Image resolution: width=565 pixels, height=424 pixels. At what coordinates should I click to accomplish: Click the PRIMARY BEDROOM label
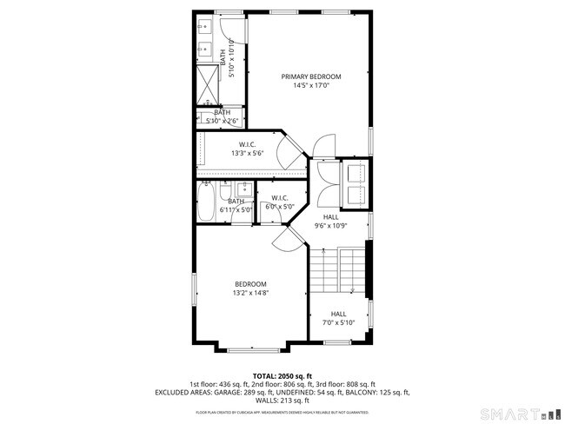pos(310,76)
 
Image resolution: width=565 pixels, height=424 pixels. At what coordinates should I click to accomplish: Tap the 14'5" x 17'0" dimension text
pos(310,86)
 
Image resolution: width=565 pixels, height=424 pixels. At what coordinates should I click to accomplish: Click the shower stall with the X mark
pos(206,83)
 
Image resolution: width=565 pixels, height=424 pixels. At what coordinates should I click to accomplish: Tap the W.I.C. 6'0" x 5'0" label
pos(279,202)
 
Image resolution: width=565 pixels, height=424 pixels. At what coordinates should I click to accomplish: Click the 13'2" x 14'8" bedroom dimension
pos(250,293)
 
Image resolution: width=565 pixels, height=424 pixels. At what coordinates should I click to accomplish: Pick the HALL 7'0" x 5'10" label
pos(338,318)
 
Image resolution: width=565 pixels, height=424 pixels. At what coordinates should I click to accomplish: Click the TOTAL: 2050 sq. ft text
pos(282,375)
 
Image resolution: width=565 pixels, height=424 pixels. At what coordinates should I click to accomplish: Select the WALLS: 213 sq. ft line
pos(282,401)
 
